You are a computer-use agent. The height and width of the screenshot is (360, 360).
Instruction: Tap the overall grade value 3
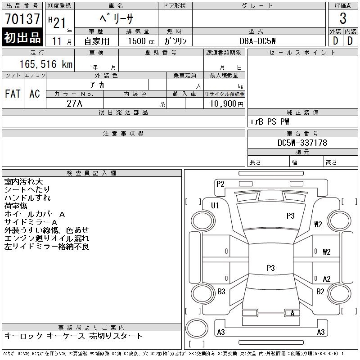coord(343,19)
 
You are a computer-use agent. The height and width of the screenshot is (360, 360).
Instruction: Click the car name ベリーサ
coord(116,18)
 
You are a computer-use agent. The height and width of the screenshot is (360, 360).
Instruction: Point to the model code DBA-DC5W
coord(258,40)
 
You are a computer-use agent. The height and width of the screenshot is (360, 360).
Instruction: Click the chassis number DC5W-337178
coord(302,143)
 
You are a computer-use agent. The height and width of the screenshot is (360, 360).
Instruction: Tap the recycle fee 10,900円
coord(224,103)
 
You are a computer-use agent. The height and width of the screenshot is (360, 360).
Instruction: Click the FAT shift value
coord(13,94)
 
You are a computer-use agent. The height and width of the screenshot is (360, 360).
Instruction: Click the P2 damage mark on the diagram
coord(220,184)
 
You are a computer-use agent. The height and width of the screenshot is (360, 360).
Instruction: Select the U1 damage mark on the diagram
coord(215,205)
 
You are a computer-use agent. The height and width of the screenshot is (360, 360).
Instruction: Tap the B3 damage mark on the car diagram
coord(221,292)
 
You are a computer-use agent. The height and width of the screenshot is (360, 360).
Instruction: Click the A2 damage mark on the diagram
coord(327,279)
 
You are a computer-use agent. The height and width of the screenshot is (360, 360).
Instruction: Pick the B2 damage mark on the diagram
coord(320,292)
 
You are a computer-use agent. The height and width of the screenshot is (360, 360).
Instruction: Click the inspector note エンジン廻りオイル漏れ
coord(47,238)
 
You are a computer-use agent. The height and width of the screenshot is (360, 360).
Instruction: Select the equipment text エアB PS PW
coord(270,121)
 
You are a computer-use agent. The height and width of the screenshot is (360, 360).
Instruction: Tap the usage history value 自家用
coord(97,41)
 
